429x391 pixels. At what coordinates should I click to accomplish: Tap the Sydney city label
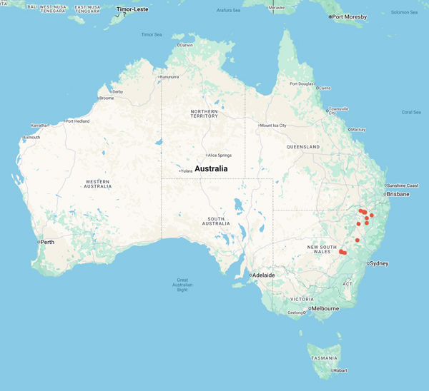click(x=379, y=263)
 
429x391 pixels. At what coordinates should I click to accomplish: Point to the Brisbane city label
click(x=398, y=194)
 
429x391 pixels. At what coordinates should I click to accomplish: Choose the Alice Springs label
click(x=220, y=155)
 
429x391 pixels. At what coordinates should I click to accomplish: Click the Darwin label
click(x=187, y=45)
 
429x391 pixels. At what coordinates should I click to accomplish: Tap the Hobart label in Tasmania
click(x=340, y=370)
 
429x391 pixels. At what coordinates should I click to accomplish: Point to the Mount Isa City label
click(x=273, y=125)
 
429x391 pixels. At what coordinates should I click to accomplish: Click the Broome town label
click(x=107, y=98)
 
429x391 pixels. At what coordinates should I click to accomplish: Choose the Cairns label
click(x=325, y=88)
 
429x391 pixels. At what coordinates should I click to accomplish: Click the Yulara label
click(x=187, y=171)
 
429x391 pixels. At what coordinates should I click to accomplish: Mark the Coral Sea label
click(x=411, y=112)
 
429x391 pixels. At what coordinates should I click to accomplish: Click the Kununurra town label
click(x=170, y=76)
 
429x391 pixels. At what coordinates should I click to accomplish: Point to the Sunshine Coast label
click(x=403, y=185)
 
